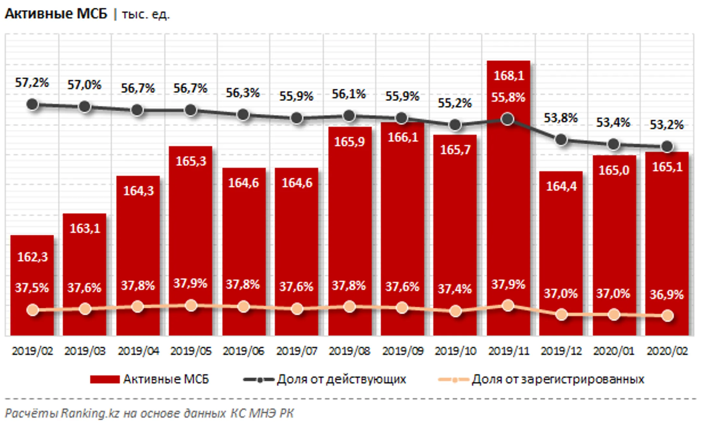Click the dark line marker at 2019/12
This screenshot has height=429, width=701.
tap(561, 140)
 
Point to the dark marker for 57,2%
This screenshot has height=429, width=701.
tap(32, 105)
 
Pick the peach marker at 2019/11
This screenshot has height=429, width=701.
tap(508, 306)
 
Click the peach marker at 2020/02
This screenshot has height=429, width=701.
tap(667, 315)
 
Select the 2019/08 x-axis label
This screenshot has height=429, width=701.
tap(349, 351)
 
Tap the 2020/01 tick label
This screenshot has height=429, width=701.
tap(613, 351)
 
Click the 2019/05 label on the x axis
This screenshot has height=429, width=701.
tap(191, 351)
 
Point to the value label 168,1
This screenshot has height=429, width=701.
tap(509, 76)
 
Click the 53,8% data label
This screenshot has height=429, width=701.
tap(560, 118)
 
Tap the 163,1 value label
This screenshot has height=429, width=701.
tap(85, 228)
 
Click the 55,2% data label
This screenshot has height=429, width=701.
tap(454, 103)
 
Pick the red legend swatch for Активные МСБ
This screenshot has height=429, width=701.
tap(105, 379)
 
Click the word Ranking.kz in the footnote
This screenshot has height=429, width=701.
tap(90, 413)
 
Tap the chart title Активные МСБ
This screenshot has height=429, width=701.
tap(56, 14)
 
